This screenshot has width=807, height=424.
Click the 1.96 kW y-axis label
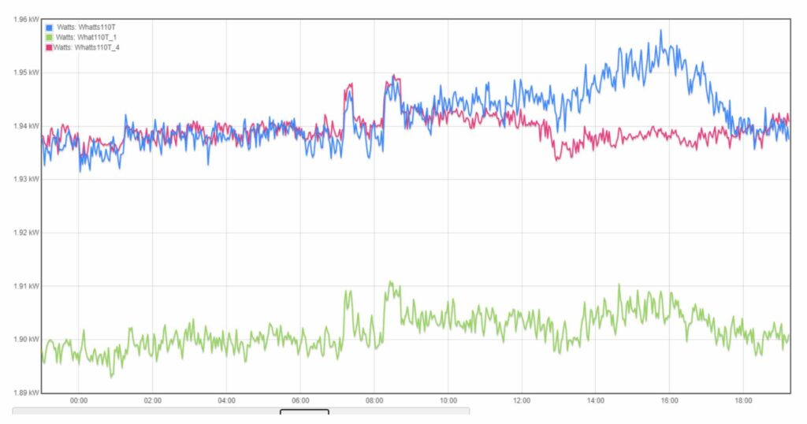(19, 19)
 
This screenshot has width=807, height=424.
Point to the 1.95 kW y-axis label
(19, 73)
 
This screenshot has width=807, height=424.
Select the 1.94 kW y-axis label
(19, 126)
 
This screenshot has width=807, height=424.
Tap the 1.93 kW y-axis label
(19, 179)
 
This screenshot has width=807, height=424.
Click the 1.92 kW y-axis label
(19, 232)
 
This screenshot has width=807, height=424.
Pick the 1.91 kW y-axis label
(19, 285)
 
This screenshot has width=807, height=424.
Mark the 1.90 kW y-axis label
(19, 339)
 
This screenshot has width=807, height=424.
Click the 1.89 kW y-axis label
(19, 392)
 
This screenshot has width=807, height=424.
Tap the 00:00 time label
(79, 400)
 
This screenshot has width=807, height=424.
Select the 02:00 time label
(153, 400)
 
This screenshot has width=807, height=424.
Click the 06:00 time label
(300, 400)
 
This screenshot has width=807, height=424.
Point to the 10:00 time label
(448, 400)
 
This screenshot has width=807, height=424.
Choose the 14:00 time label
(595, 400)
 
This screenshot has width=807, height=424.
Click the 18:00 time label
(743, 400)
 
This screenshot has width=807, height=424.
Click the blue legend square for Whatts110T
(49, 28)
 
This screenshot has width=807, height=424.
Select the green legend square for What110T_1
(49, 38)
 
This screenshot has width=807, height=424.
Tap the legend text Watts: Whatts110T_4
(87, 48)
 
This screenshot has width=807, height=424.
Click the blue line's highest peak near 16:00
(660, 31)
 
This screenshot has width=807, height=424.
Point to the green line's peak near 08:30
(389, 281)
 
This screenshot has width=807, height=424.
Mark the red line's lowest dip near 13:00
(556, 159)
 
